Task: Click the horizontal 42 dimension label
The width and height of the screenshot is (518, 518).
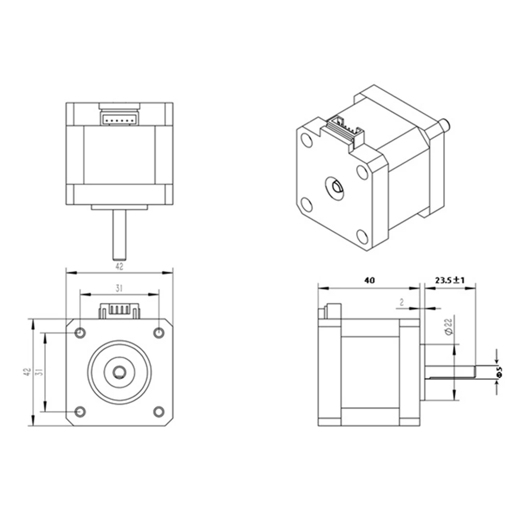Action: [119, 267]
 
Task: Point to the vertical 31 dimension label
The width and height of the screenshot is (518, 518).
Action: [39, 373]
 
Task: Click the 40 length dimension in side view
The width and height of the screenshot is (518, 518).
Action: [369, 280]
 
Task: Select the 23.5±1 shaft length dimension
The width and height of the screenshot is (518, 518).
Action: [450, 280]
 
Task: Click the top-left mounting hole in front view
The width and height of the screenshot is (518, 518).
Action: [80, 332]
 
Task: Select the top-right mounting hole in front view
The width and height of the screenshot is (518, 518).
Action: [159, 332]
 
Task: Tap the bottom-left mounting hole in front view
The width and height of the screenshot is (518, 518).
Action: [80, 411]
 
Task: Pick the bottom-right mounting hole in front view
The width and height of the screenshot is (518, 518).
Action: [159, 411]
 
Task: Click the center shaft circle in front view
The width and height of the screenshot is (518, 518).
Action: [120, 372]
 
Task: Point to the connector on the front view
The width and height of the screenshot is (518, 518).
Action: [120, 311]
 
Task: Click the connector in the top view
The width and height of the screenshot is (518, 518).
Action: [120, 119]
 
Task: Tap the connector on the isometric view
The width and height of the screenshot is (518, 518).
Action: [345, 129]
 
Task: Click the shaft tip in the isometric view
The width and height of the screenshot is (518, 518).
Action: [445, 125]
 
